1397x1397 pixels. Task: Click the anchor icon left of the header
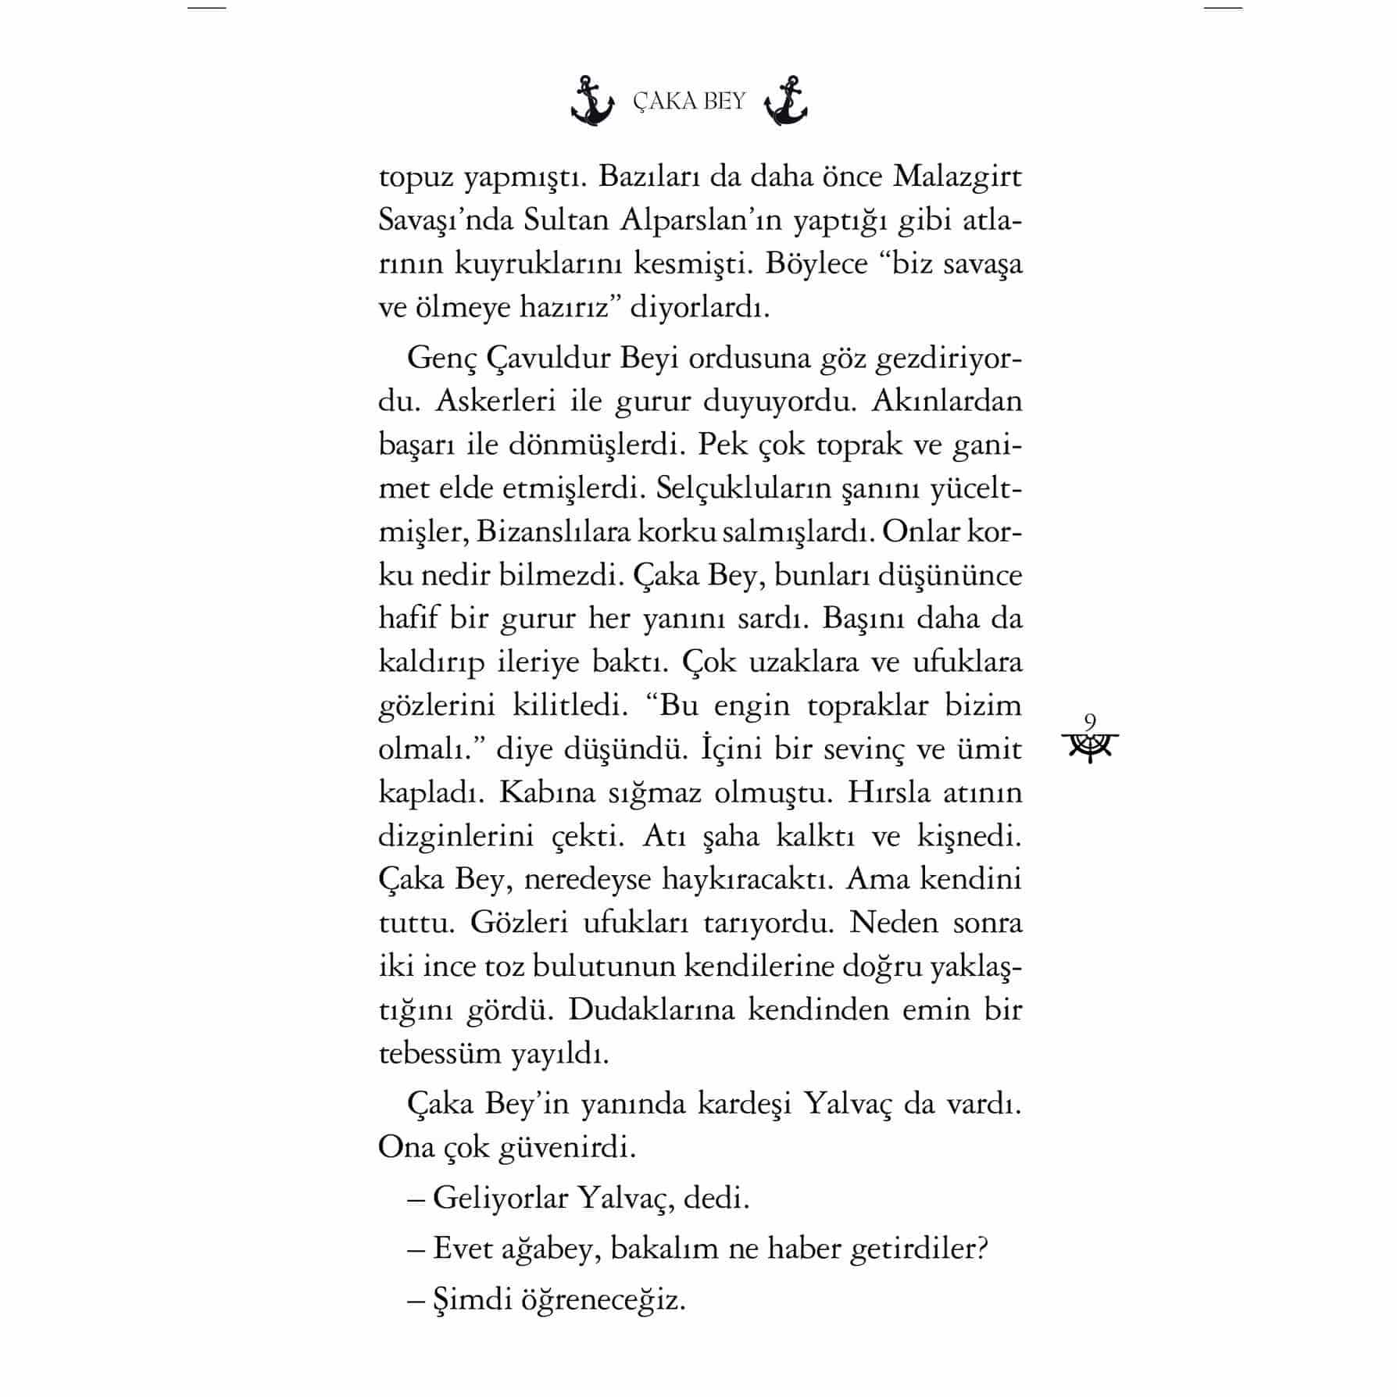[x=593, y=102]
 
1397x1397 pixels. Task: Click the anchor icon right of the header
[x=785, y=102]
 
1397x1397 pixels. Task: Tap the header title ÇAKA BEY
[x=689, y=102]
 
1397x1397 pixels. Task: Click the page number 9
[x=1091, y=721]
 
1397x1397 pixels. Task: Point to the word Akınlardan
[x=946, y=402]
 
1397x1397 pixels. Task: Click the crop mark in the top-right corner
[x=1222, y=8]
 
